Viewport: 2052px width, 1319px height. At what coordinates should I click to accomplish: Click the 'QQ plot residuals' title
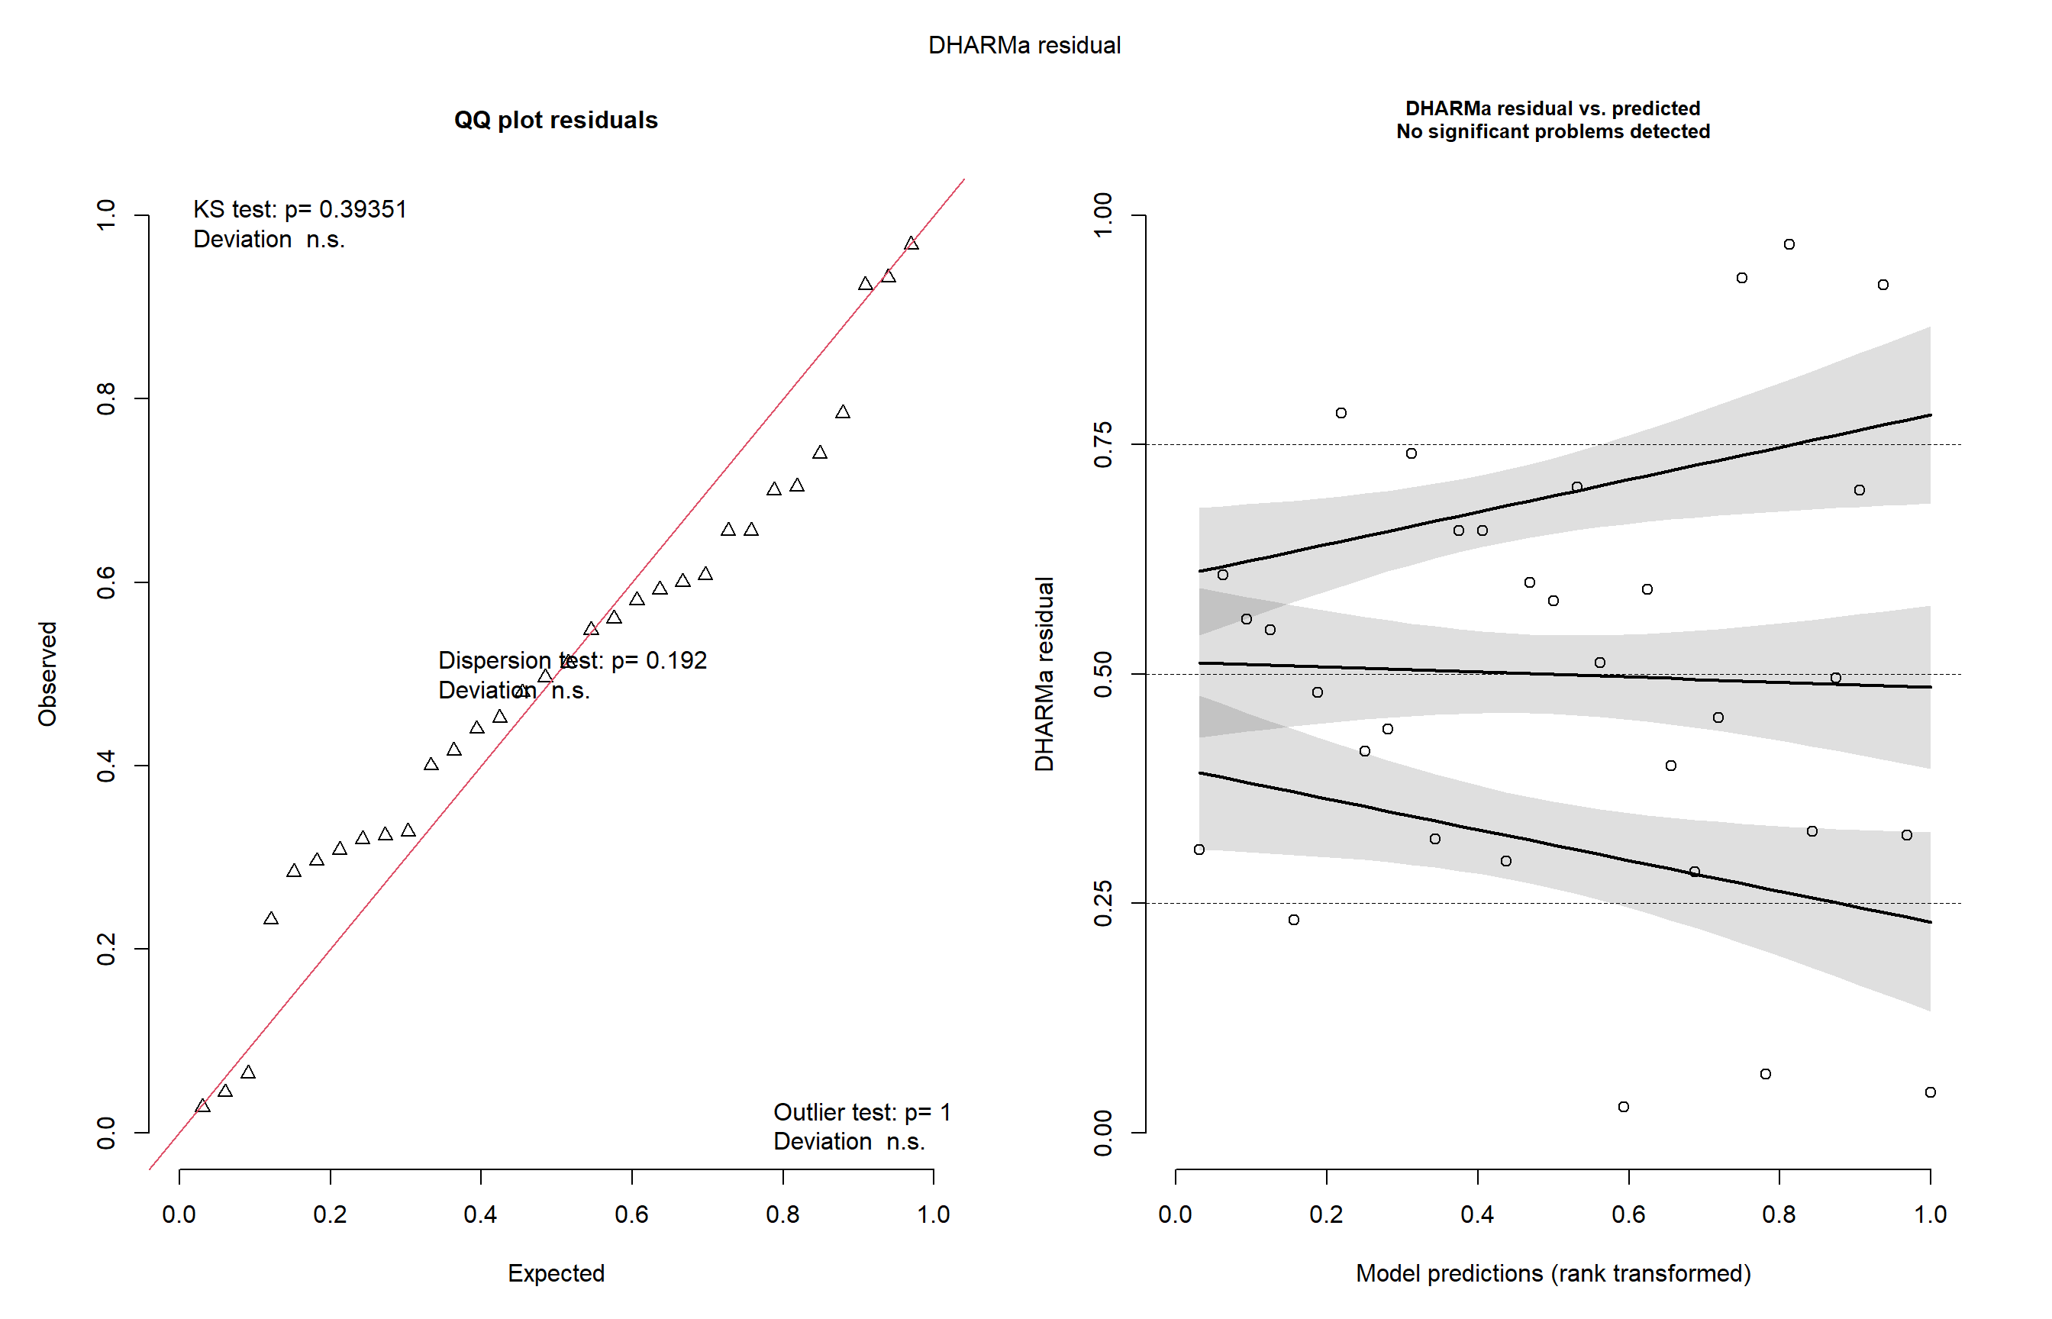tap(556, 120)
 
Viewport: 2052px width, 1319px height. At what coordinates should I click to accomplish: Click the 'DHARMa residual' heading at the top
tap(1024, 45)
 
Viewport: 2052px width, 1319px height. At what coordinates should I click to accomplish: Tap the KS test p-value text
tap(300, 210)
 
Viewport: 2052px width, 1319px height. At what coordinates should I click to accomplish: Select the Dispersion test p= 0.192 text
tap(572, 660)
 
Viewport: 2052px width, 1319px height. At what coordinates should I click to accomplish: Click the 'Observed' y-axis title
tap(47, 674)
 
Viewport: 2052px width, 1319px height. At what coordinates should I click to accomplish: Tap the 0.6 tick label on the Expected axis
tap(631, 1214)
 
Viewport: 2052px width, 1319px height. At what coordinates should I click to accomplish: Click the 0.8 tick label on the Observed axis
tap(106, 399)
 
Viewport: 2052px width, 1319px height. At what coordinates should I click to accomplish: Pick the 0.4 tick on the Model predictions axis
tap(1477, 1214)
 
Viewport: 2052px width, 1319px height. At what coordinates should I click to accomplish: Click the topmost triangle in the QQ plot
tap(911, 244)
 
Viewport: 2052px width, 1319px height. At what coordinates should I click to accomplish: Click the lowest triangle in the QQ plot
tap(202, 1107)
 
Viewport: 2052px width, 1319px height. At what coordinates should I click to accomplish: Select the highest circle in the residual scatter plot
tap(1789, 244)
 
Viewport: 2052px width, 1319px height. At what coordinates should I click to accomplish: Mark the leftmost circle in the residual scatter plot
tap(1199, 850)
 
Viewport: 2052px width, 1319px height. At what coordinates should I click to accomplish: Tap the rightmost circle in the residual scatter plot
tap(1931, 1092)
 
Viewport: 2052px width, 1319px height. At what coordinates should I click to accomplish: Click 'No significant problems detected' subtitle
tap(1553, 132)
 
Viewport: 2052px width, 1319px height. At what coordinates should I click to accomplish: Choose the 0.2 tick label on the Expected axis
tap(330, 1214)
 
